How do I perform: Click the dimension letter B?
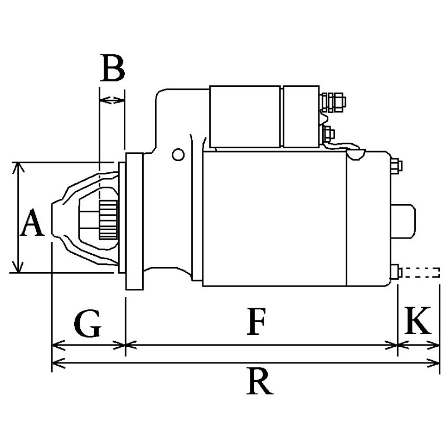point(112,69)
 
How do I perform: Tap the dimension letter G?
point(87,324)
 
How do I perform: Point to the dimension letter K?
point(418,320)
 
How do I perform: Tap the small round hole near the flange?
point(178,154)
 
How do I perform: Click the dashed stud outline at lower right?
point(421,273)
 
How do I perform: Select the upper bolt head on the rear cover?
point(396,166)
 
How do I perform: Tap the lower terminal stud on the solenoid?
point(329,134)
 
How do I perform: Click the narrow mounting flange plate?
point(135,221)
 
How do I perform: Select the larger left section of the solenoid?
point(245,117)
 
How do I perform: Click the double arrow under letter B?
point(111,100)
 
